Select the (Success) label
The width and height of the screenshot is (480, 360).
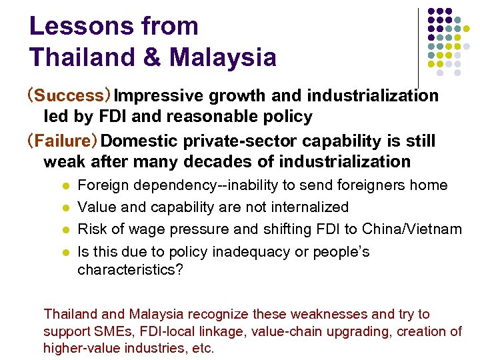point(64,96)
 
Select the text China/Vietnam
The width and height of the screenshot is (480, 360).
point(412,229)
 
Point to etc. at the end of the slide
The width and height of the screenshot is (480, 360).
point(203,348)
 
